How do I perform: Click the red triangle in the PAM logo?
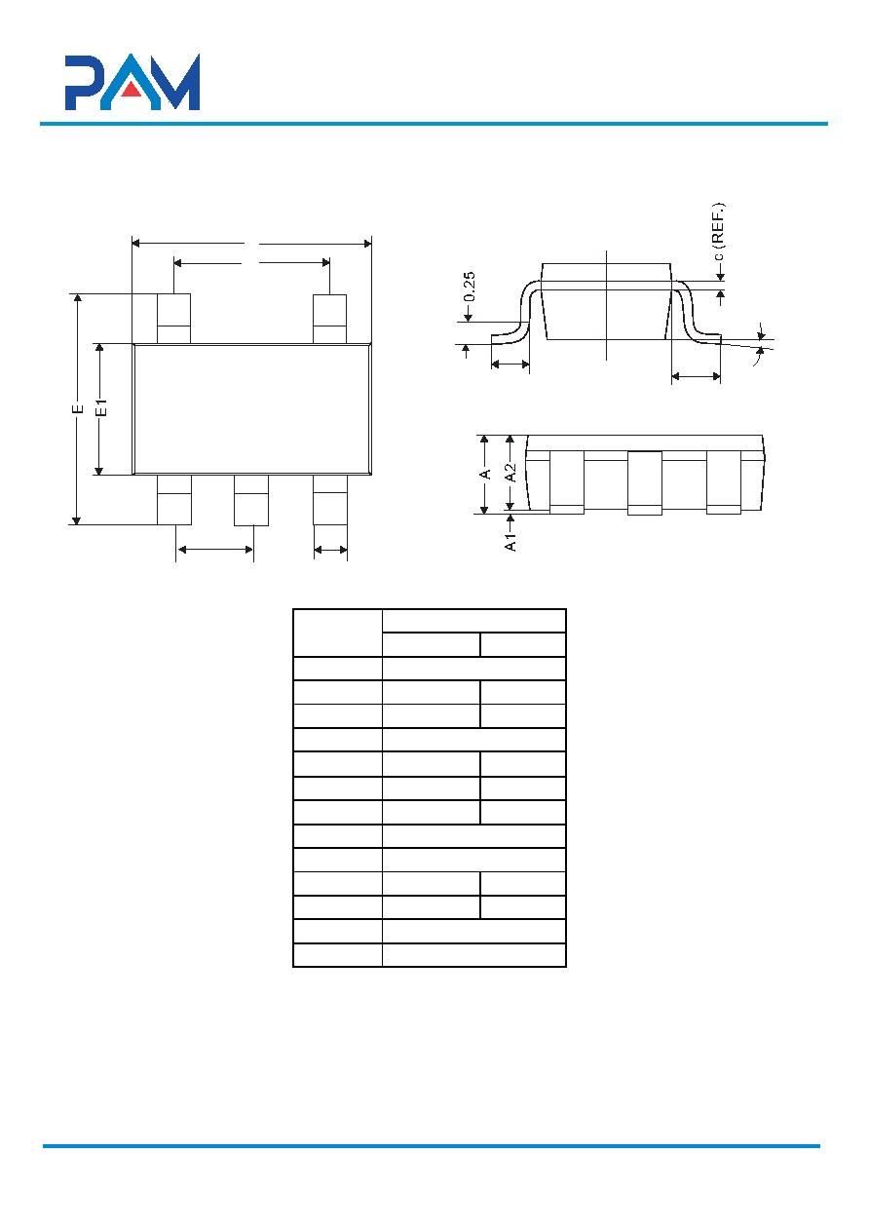(x=132, y=90)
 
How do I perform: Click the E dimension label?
(x=77, y=408)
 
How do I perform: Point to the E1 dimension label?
(x=101, y=408)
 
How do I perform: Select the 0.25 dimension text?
(x=470, y=287)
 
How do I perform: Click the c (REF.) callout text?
(x=717, y=232)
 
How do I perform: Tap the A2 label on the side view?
(x=510, y=473)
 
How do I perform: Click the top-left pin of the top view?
(x=173, y=319)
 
